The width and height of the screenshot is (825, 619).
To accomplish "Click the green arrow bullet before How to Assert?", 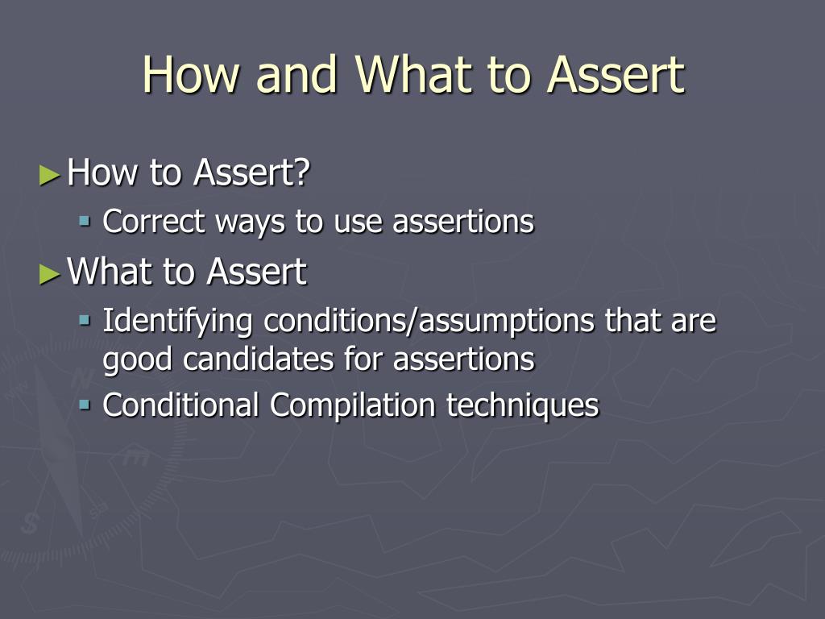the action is tap(50, 175).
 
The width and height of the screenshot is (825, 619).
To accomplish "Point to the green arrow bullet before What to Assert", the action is tap(50, 274).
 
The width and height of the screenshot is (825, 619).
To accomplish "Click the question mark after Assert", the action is tap(301, 172).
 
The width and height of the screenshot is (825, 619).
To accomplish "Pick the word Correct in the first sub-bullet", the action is tap(153, 221).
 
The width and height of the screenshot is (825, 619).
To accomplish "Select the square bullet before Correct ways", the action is tap(85, 220).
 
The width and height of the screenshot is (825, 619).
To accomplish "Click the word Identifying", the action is tap(177, 322).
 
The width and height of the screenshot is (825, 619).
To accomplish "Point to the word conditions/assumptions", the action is tap(429, 322).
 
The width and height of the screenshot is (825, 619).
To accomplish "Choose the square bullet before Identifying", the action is tap(85, 319).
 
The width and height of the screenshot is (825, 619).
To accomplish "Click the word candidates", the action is tap(258, 359).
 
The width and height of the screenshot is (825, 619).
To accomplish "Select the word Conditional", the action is tap(180, 405).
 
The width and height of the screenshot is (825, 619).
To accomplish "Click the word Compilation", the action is tap(353, 407).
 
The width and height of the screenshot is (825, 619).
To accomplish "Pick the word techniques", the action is tap(522, 407).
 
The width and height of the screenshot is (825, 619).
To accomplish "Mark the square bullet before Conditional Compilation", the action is tap(85, 405).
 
